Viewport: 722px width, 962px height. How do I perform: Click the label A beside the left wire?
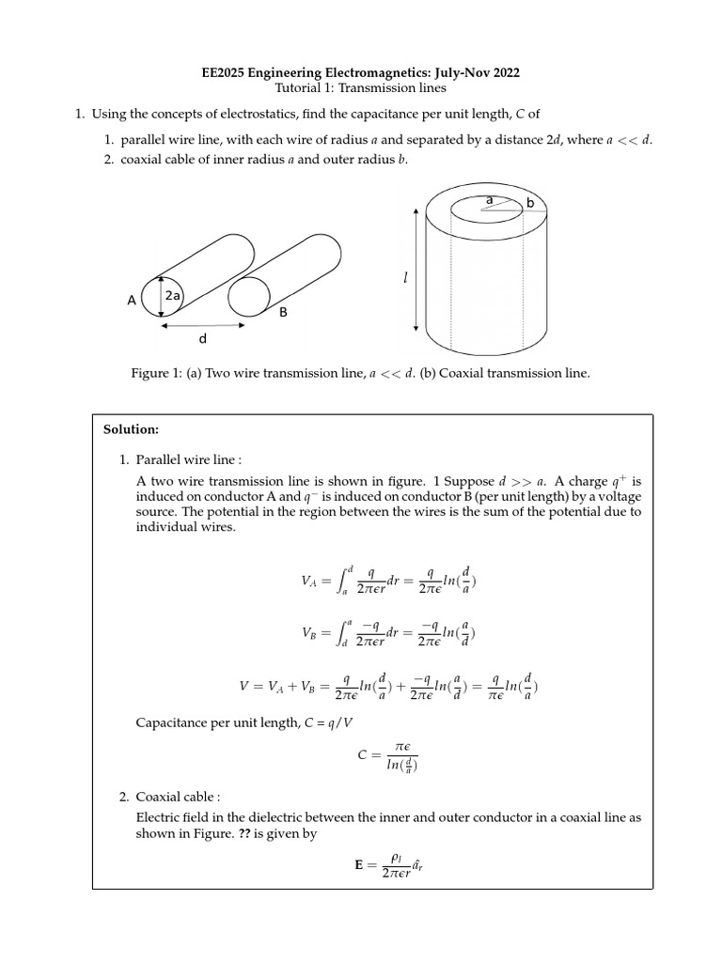(132, 301)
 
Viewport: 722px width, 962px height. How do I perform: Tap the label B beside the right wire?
(282, 313)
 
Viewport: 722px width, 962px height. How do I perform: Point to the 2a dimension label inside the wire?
(173, 296)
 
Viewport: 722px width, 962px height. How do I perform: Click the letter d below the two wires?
(201, 339)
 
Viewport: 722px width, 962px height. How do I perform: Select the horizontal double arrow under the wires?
(203, 325)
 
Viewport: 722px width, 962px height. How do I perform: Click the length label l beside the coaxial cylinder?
(405, 278)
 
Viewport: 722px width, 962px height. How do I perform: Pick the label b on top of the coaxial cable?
(529, 203)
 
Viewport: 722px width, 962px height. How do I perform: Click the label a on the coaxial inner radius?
(489, 200)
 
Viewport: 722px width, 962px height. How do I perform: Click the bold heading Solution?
(131, 430)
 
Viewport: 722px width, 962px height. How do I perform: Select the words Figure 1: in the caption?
(156, 373)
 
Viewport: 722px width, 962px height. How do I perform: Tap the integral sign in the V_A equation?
(343, 579)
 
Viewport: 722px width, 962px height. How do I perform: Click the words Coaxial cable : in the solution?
(178, 797)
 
